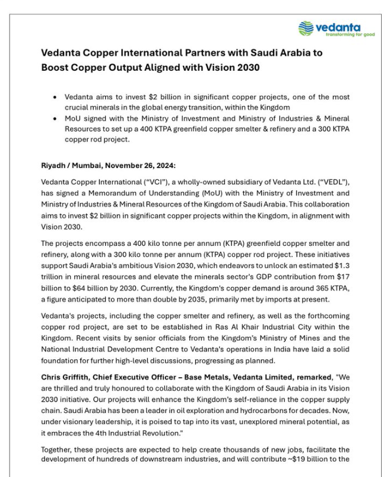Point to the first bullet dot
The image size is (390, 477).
pos(55,97)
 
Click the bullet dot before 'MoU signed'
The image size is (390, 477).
pos(55,118)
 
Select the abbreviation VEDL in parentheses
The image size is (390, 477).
pos(334,181)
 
